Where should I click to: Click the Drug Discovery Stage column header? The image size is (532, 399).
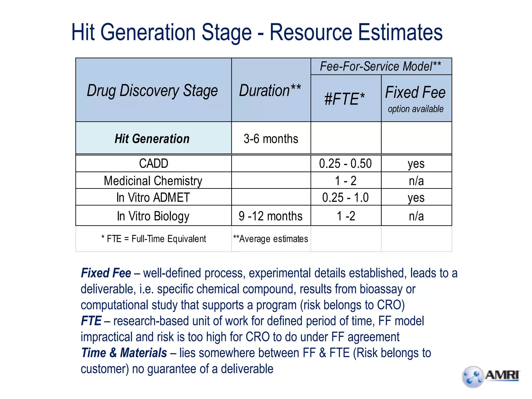click(x=152, y=91)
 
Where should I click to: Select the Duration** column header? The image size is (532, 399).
click(x=270, y=91)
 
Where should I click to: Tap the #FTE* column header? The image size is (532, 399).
click(x=345, y=99)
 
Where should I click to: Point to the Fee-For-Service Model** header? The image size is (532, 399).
click(x=381, y=66)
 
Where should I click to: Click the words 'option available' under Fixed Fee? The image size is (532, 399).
click(x=416, y=109)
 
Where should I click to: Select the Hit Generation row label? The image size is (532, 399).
click(x=152, y=139)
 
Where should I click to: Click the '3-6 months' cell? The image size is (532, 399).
click(x=271, y=139)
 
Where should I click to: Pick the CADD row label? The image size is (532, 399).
click(x=154, y=164)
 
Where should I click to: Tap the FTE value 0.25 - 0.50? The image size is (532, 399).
click(x=345, y=164)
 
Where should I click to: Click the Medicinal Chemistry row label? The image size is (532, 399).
click(x=153, y=181)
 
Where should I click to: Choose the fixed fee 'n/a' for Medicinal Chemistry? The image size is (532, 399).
click(x=416, y=181)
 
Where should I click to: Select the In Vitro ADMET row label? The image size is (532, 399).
click(x=153, y=197)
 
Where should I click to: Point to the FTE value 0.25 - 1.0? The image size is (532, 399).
click(x=345, y=197)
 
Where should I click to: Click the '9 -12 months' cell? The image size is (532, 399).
click(x=270, y=216)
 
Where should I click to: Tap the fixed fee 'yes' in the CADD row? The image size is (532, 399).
click(x=416, y=164)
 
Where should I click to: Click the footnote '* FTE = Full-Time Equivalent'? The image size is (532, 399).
click(x=154, y=239)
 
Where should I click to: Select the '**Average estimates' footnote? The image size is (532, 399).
click(x=270, y=239)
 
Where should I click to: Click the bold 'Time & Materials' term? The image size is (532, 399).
click(x=124, y=353)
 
